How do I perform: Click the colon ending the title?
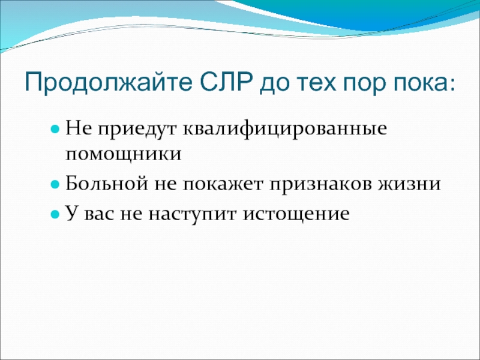tap(452, 85)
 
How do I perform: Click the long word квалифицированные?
tap(285, 129)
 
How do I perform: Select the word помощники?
tap(124, 154)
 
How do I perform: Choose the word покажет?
tap(223, 184)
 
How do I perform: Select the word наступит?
tap(193, 215)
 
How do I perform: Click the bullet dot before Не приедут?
tap(55, 130)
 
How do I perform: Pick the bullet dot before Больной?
tap(55, 185)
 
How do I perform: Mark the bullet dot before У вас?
tap(55, 214)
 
